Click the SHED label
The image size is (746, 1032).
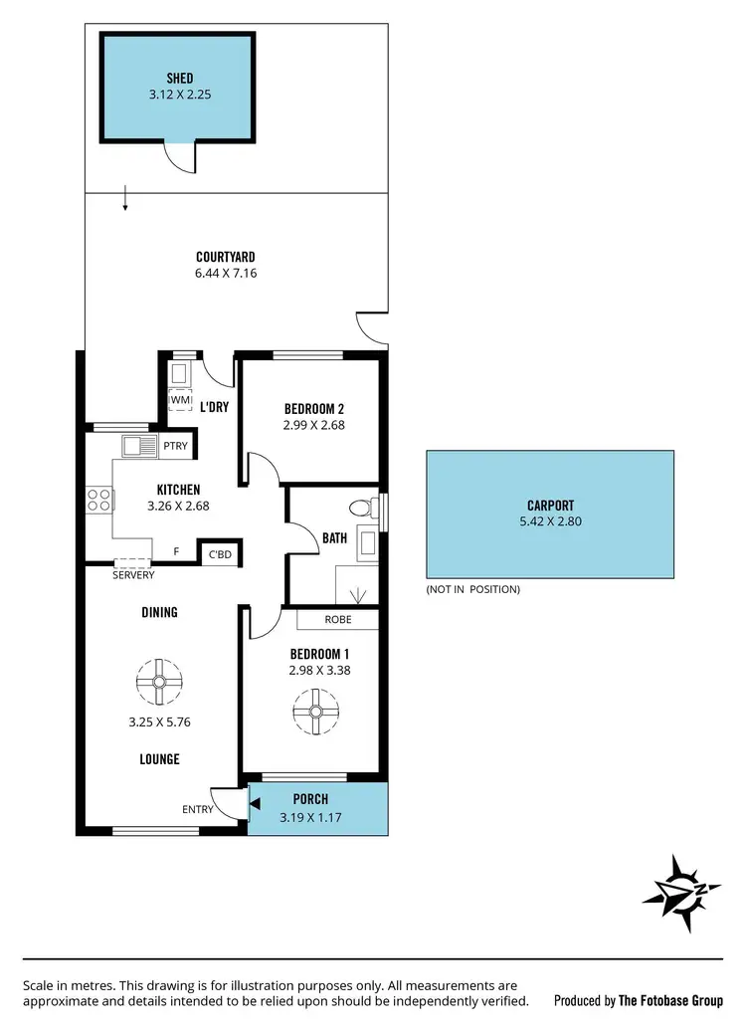tap(180, 78)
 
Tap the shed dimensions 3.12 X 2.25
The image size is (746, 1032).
tap(180, 96)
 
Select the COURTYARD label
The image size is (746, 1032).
tap(226, 256)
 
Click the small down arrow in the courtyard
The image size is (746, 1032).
tap(125, 200)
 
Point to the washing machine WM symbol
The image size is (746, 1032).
tap(180, 399)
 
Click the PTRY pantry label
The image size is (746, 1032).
tap(176, 445)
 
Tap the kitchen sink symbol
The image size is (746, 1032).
tap(138, 445)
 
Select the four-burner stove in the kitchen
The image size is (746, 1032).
tap(98, 500)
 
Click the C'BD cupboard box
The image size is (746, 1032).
tap(219, 553)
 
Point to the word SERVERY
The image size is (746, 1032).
tap(133, 575)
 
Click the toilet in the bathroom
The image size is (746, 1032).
tap(373, 508)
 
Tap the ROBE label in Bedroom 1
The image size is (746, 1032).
tap(337, 619)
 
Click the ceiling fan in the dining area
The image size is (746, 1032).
tap(159, 682)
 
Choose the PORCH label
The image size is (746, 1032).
tap(311, 799)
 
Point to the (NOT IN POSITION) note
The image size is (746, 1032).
tap(473, 589)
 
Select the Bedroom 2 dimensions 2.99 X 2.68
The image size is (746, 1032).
tap(314, 425)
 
